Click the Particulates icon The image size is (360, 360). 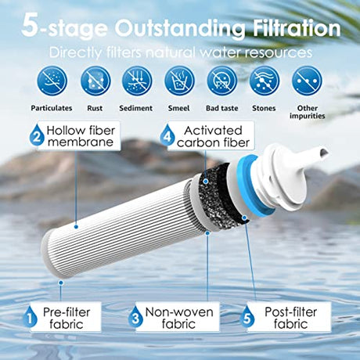[52, 81]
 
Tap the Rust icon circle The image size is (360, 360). [95, 81]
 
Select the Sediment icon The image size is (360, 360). [137, 81]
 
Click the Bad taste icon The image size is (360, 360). [222, 81]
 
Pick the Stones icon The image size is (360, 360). [265, 81]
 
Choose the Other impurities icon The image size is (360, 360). [307, 81]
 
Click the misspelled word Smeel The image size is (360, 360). [178, 108]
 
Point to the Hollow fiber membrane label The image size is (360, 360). [80, 136]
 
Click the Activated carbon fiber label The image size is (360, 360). [211, 136]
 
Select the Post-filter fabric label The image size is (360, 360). [289, 317]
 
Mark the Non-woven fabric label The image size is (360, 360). [178, 317]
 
